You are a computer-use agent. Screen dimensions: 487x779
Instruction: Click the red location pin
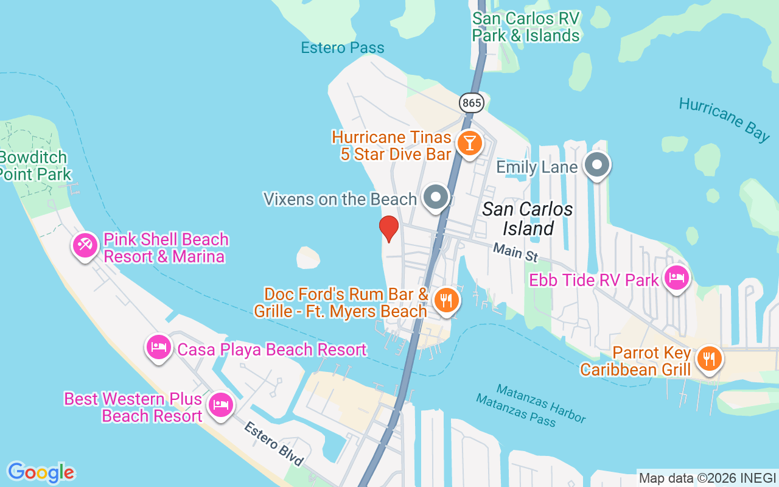point(388,229)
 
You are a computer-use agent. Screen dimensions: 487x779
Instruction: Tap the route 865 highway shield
point(472,103)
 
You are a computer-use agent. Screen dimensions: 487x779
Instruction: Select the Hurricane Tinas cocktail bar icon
point(469,144)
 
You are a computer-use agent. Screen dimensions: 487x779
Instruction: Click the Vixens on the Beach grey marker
point(436,197)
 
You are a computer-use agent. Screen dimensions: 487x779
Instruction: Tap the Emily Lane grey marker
point(597,164)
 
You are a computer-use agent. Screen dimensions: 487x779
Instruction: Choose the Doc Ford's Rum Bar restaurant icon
point(447,300)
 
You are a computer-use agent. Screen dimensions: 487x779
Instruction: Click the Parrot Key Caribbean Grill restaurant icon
point(708,358)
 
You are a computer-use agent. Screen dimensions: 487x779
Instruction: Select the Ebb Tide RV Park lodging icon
point(677,278)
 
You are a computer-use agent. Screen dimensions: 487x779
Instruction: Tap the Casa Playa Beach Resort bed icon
point(159,347)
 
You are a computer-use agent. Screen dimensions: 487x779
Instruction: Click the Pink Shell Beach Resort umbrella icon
point(85,245)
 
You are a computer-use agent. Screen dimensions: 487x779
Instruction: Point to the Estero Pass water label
point(343,48)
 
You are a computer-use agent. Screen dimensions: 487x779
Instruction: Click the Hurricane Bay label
point(724,119)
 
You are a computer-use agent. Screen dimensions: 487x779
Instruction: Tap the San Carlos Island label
point(528,219)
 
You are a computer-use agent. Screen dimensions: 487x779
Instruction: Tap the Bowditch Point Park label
point(35,166)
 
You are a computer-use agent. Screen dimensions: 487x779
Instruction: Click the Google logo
point(41,472)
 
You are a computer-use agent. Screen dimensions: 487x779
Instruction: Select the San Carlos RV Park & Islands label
point(526,27)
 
